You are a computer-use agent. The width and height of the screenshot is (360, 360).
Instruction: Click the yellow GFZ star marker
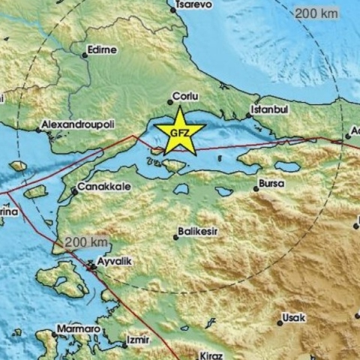point(180,131)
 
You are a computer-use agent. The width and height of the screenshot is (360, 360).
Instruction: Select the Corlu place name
point(184,96)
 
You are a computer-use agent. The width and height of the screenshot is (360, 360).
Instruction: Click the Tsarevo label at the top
point(193,4)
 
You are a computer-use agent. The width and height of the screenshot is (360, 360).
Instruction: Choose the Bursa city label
point(271,182)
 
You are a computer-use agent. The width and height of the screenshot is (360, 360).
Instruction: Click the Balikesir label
point(198,232)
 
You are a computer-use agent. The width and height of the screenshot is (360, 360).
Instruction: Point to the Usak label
point(293,318)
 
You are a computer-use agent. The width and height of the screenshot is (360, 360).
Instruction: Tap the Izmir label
point(139,339)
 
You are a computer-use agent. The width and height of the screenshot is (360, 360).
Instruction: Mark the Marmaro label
point(78,328)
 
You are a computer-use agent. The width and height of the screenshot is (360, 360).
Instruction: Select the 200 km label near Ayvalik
point(87,241)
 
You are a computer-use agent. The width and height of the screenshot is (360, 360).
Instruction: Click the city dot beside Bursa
point(255,189)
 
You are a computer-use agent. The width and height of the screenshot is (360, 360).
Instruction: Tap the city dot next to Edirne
point(84,53)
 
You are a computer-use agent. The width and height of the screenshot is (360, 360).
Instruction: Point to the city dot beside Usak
point(279,323)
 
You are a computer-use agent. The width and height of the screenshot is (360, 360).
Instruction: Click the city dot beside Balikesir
point(176,237)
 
